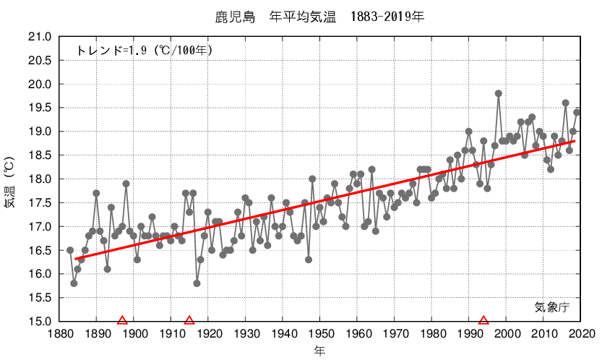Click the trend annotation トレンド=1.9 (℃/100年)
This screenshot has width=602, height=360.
click(x=144, y=51)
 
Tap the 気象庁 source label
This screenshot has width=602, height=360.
click(x=552, y=307)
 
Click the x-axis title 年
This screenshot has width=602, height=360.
click(x=319, y=351)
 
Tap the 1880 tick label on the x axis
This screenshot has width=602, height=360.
click(x=59, y=333)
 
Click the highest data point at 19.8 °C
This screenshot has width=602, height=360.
click(x=499, y=93)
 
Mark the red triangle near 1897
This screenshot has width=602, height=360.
click(x=122, y=320)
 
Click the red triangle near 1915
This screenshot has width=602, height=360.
click(x=189, y=320)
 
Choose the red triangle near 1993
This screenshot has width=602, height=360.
click(x=483, y=320)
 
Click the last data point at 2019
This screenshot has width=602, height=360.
click(x=577, y=112)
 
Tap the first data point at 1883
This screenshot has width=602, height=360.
click(x=70, y=250)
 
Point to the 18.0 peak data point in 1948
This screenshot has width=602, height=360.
click(x=312, y=179)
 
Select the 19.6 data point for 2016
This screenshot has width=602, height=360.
click(x=566, y=103)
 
